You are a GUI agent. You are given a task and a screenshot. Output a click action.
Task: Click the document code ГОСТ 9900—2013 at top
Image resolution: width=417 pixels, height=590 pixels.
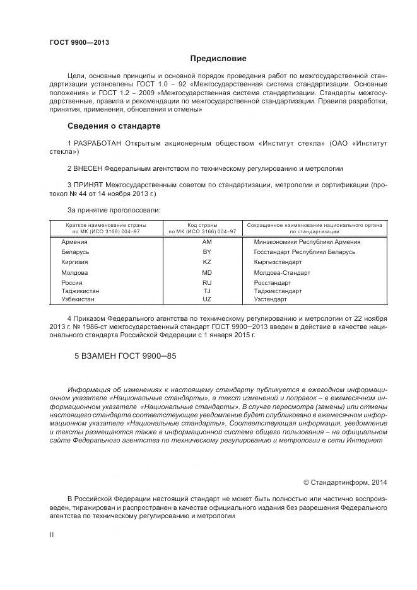(79, 42)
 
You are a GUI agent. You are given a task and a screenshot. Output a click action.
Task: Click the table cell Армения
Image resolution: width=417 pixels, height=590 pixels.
(74, 241)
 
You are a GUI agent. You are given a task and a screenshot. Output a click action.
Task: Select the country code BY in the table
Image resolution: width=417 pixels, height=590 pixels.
(206, 252)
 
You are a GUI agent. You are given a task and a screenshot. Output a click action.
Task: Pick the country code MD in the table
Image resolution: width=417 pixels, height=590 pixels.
(206, 272)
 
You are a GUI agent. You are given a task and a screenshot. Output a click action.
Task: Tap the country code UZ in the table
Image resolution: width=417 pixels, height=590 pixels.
(206, 299)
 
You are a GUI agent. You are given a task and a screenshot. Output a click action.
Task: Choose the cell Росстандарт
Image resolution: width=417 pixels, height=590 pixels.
(273, 283)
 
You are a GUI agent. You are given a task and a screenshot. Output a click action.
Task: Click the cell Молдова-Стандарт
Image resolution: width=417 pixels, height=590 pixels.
(282, 272)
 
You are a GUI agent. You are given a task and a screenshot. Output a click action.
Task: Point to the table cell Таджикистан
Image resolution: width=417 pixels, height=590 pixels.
(80, 291)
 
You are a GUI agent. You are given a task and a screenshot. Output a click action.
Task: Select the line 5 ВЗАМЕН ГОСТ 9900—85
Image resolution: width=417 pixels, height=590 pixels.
(126, 356)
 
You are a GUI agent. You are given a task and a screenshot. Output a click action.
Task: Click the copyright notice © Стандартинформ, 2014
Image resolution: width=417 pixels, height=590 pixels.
(345, 482)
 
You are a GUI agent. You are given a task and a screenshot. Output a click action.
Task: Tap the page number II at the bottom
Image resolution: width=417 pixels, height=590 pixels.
(52, 534)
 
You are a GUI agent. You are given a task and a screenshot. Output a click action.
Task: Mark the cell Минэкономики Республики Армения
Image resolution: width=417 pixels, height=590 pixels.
(307, 241)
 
